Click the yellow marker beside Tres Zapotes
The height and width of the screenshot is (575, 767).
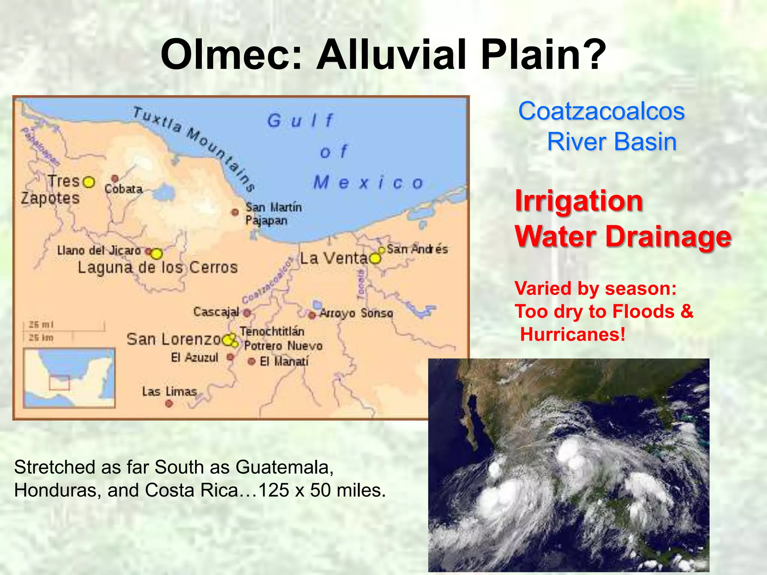(89, 182)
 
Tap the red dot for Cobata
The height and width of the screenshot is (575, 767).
(115, 178)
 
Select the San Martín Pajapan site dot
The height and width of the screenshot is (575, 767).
(235, 212)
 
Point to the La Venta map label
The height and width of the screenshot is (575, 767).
(334, 258)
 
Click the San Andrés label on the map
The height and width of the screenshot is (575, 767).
(417, 249)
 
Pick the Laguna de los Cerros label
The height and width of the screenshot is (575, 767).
(158, 267)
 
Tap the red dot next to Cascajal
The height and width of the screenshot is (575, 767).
(247, 312)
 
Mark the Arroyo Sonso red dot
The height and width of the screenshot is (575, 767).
(312, 315)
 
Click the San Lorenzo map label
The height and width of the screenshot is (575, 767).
(174, 339)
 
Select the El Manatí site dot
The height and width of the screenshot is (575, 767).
(252, 361)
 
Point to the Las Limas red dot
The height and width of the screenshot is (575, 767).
(169, 403)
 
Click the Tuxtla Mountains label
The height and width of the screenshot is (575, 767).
(195, 148)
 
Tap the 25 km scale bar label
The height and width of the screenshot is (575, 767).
(41, 338)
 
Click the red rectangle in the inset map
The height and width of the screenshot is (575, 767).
(60, 383)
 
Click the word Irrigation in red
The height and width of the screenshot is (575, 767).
(579, 201)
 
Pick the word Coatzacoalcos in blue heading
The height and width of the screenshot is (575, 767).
(601, 111)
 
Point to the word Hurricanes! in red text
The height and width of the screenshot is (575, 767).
(573, 334)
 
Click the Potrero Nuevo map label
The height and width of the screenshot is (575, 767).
(283, 346)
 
